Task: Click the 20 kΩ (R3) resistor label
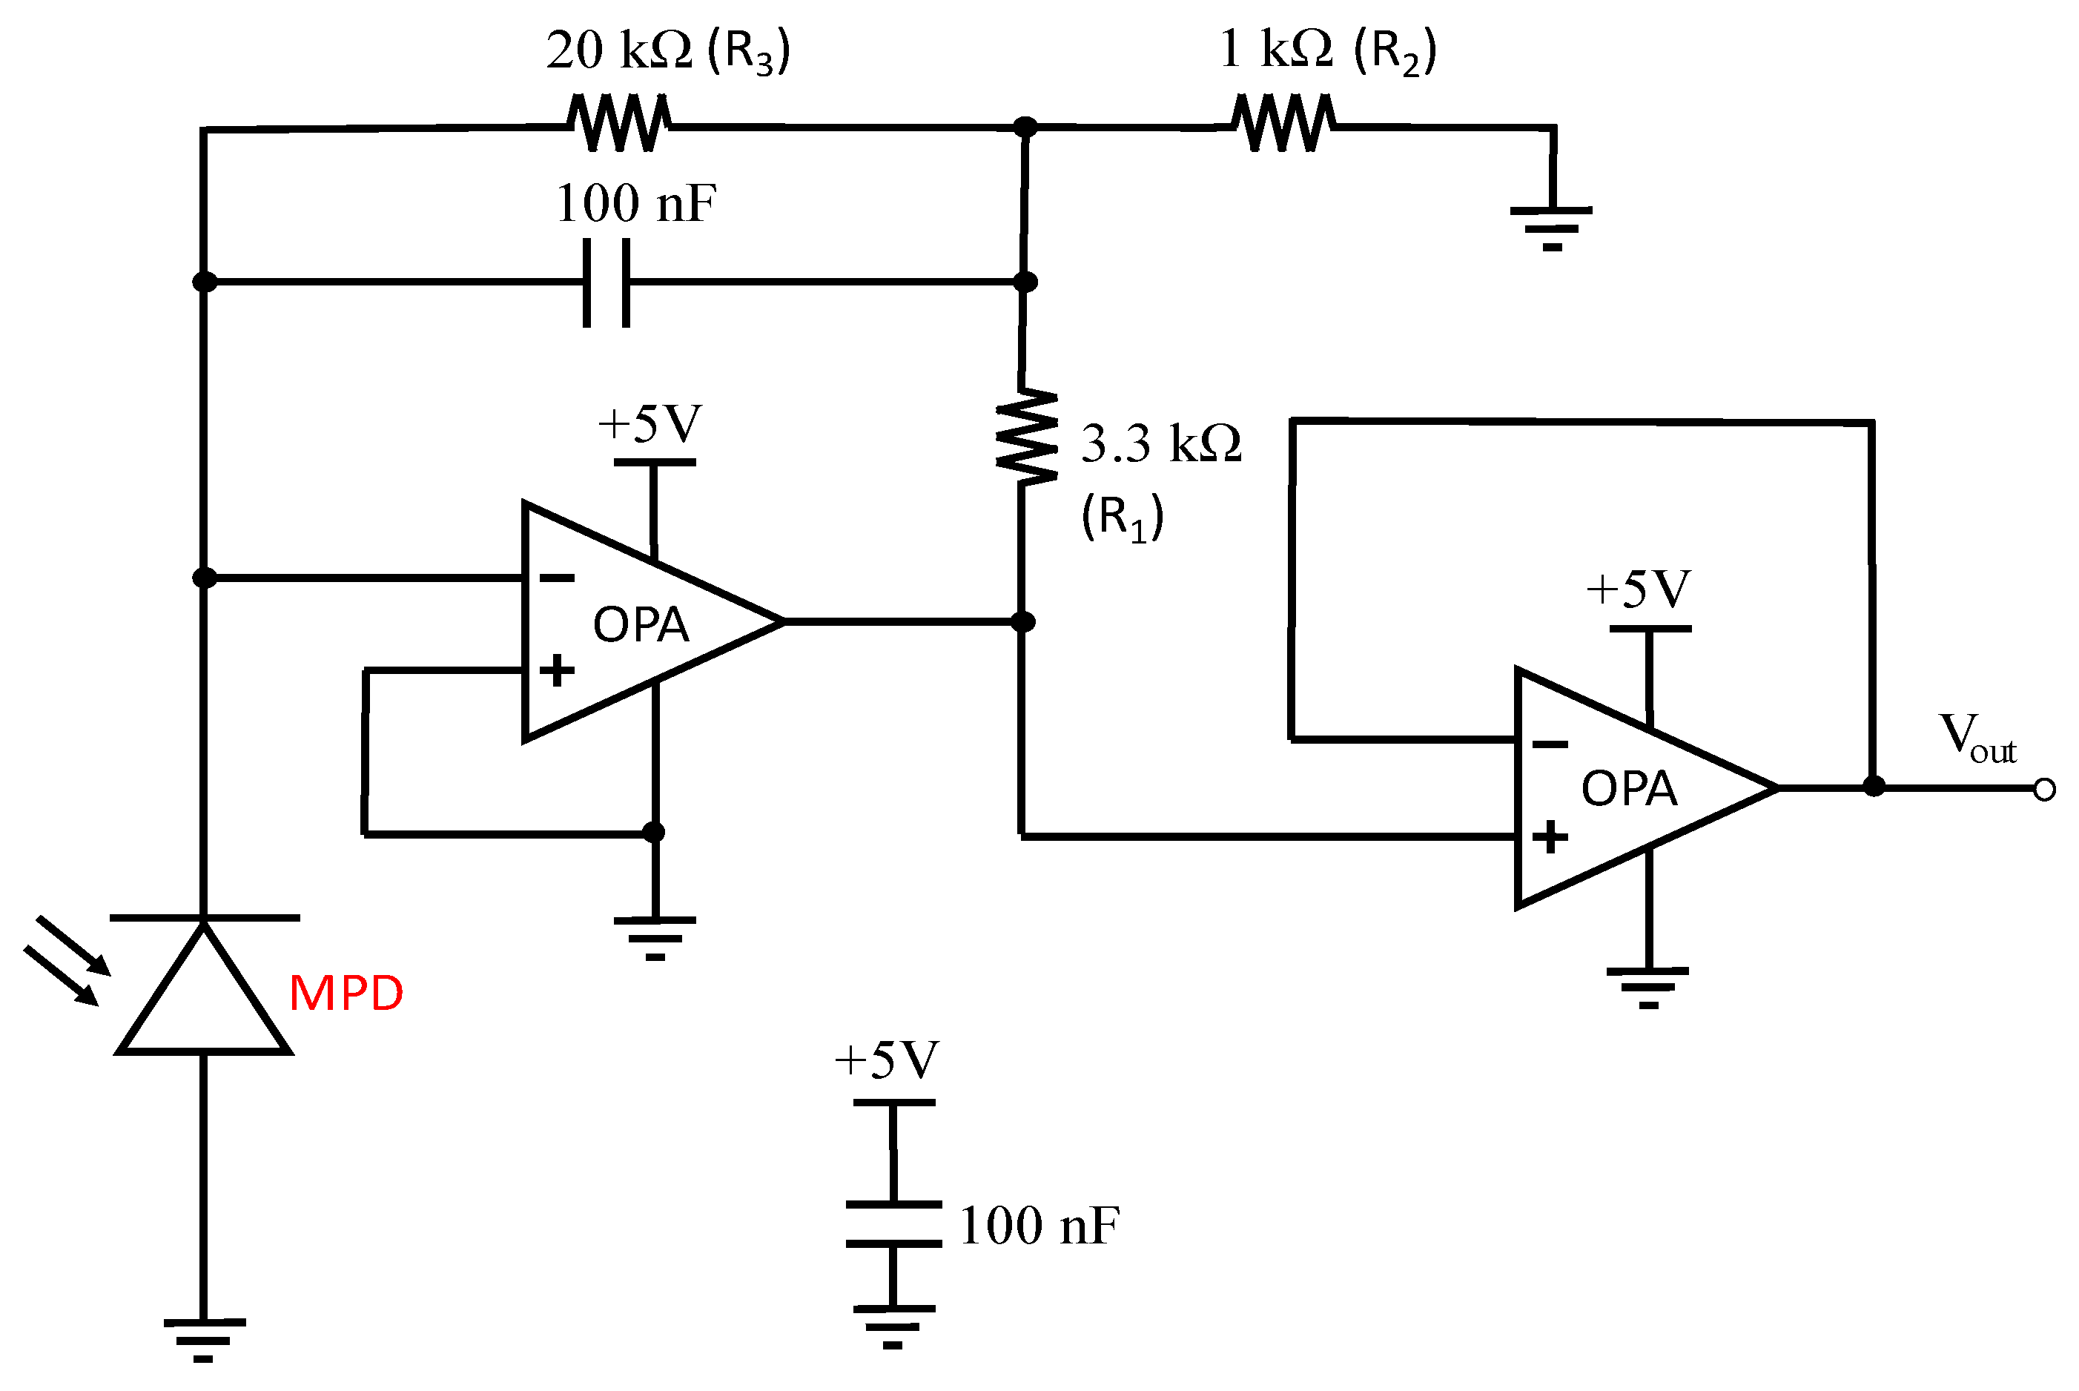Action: [x=667, y=50]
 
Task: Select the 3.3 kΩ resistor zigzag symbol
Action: [x=1026, y=437]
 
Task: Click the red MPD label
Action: [x=346, y=993]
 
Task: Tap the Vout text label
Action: [x=1978, y=738]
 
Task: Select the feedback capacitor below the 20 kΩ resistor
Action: [x=606, y=282]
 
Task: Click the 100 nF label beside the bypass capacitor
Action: [x=1039, y=1226]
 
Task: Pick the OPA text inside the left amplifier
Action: [x=641, y=624]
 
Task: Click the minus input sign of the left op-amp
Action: [x=557, y=578]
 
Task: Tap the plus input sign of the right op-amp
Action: [x=1550, y=836]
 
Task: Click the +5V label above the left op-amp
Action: [x=650, y=424]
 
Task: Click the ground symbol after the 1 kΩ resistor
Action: [x=1551, y=227]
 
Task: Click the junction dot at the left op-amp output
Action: [x=1022, y=622]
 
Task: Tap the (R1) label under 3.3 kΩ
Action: [x=1122, y=518]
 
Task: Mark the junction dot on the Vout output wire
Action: [x=1873, y=787]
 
